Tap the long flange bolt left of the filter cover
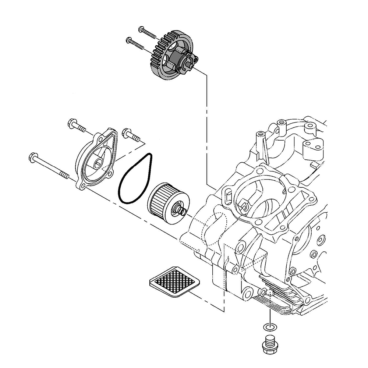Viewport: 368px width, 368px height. click(x=50, y=167)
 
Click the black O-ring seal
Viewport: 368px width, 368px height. click(x=134, y=178)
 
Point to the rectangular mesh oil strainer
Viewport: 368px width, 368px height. click(x=173, y=282)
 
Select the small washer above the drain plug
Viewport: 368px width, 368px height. click(x=269, y=326)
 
